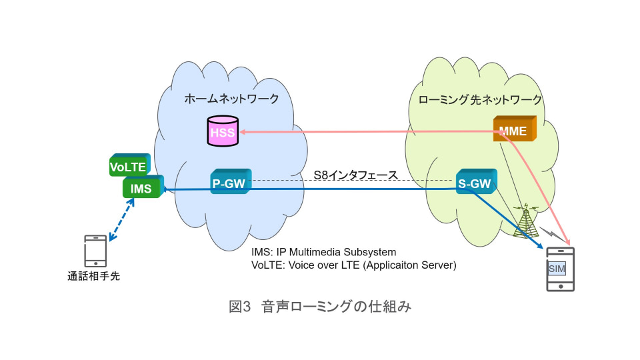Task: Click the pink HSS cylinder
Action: (x=222, y=131)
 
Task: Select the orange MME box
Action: (x=513, y=129)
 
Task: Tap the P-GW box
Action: (x=229, y=183)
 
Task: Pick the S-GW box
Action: (x=475, y=183)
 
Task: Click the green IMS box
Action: (x=142, y=188)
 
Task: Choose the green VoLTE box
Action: (x=128, y=166)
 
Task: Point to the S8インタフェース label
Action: (x=355, y=175)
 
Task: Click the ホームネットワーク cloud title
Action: (x=231, y=99)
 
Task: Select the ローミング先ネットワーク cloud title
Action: (x=480, y=101)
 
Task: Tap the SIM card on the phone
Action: (x=556, y=269)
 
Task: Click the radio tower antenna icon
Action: (x=527, y=220)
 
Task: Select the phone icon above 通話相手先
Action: (x=95, y=251)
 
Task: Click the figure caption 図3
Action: (x=239, y=307)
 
